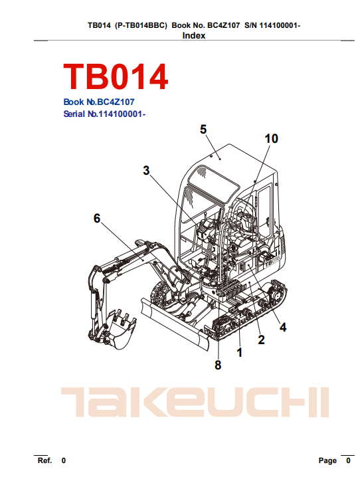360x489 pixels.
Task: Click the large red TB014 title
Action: pyautogui.click(x=116, y=76)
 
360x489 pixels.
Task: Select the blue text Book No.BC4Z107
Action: pyautogui.click(x=99, y=102)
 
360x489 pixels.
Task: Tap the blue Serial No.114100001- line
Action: pyautogui.click(x=104, y=114)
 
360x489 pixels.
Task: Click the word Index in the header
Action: pyautogui.click(x=193, y=36)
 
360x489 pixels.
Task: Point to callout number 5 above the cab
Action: pyautogui.click(x=203, y=130)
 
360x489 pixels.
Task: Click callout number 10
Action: pyautogui.click(x=271, y=139)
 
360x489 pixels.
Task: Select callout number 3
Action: pyautogui.click(x=146, y=171)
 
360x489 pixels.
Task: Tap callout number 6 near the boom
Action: pyautogui.click(x=97, y=219)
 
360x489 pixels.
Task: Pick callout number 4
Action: pyautogui.click(x=283, y=327)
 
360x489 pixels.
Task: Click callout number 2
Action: pyautogui.click(x=261, y=340)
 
